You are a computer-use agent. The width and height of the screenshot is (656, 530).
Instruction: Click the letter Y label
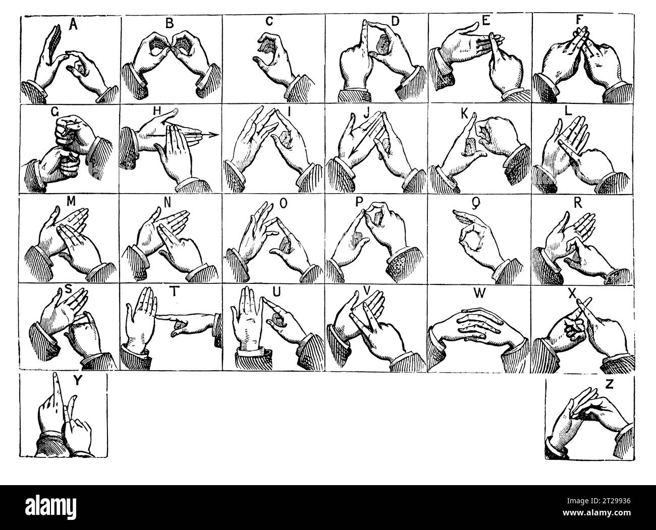tap(76, 381)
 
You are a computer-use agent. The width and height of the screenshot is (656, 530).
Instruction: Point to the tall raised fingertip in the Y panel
tap(56, 378)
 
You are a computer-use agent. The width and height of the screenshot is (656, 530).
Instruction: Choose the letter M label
tap(71, 203)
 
